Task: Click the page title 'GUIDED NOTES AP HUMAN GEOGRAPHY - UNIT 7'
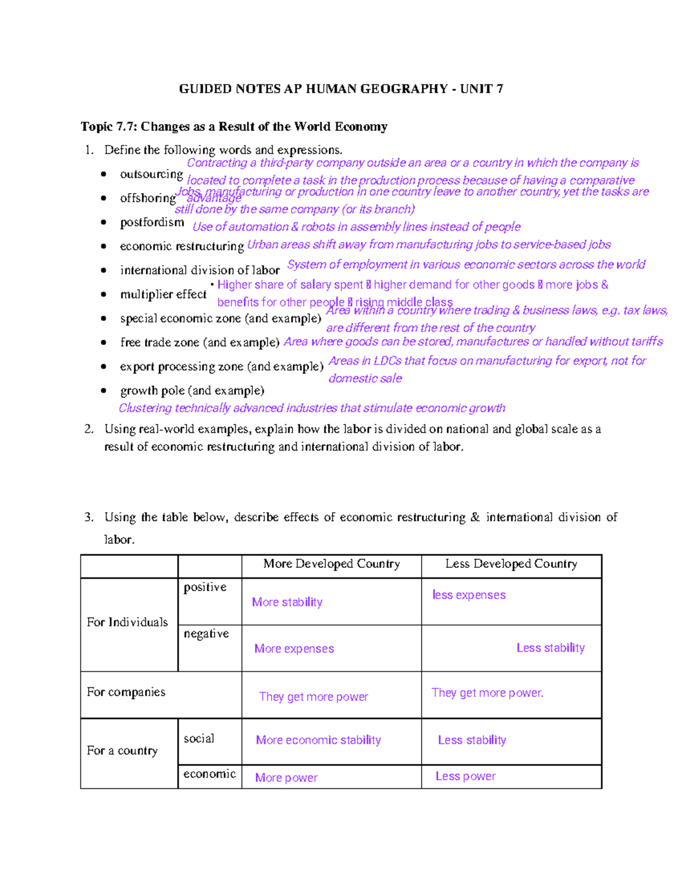coord(340,89)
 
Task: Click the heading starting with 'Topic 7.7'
coord(234,127)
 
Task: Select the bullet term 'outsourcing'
coord(151,174)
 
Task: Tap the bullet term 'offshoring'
coord(148,198)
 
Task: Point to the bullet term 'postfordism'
coord(152,222)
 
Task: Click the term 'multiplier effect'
coord(163,294)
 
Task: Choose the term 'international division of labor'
coord(199,270)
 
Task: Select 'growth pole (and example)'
coord(192,391)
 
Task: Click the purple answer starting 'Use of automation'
coord(356,227)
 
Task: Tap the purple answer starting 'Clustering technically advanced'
coord(311,408)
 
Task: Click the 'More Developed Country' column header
coord(331,564)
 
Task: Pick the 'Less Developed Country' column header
coord(511,564)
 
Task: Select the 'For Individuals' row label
coord(127,622)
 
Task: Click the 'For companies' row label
coord(126,692)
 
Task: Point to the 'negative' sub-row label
coord(206,634)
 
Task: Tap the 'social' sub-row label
coord(199,739)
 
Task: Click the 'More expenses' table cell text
coord(294,649)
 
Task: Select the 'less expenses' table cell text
coord(469,595)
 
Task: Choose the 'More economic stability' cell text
coord(318,740)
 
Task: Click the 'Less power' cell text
coord(465,776)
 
